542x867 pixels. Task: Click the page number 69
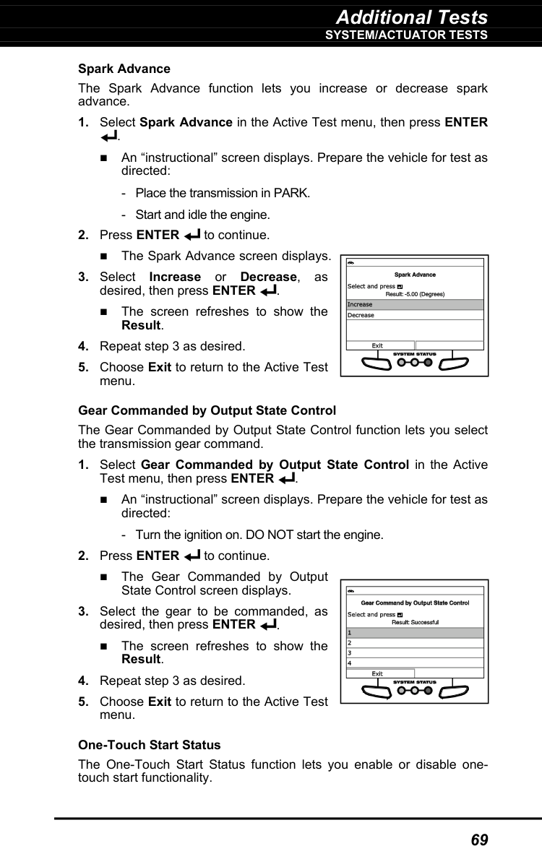point(479,840)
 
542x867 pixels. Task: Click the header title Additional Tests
point(412,17)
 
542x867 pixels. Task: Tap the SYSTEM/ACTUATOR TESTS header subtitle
point(405,35)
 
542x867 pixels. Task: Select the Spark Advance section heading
point(124,69)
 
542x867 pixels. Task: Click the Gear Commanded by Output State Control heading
point(207,411)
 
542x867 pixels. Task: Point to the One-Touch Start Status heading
point(149,745)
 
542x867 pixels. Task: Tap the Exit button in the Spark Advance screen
point(378,345)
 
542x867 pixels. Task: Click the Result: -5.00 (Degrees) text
point(415,294)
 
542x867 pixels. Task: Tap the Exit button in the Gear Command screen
point(377,673)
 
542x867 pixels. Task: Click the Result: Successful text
point(415,622)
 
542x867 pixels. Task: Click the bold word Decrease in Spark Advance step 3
point(269,277)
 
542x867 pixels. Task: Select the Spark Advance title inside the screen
point(415,275)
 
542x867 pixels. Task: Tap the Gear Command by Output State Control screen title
point(415,603)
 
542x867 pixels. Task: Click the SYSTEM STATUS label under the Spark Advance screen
point(415,353)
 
